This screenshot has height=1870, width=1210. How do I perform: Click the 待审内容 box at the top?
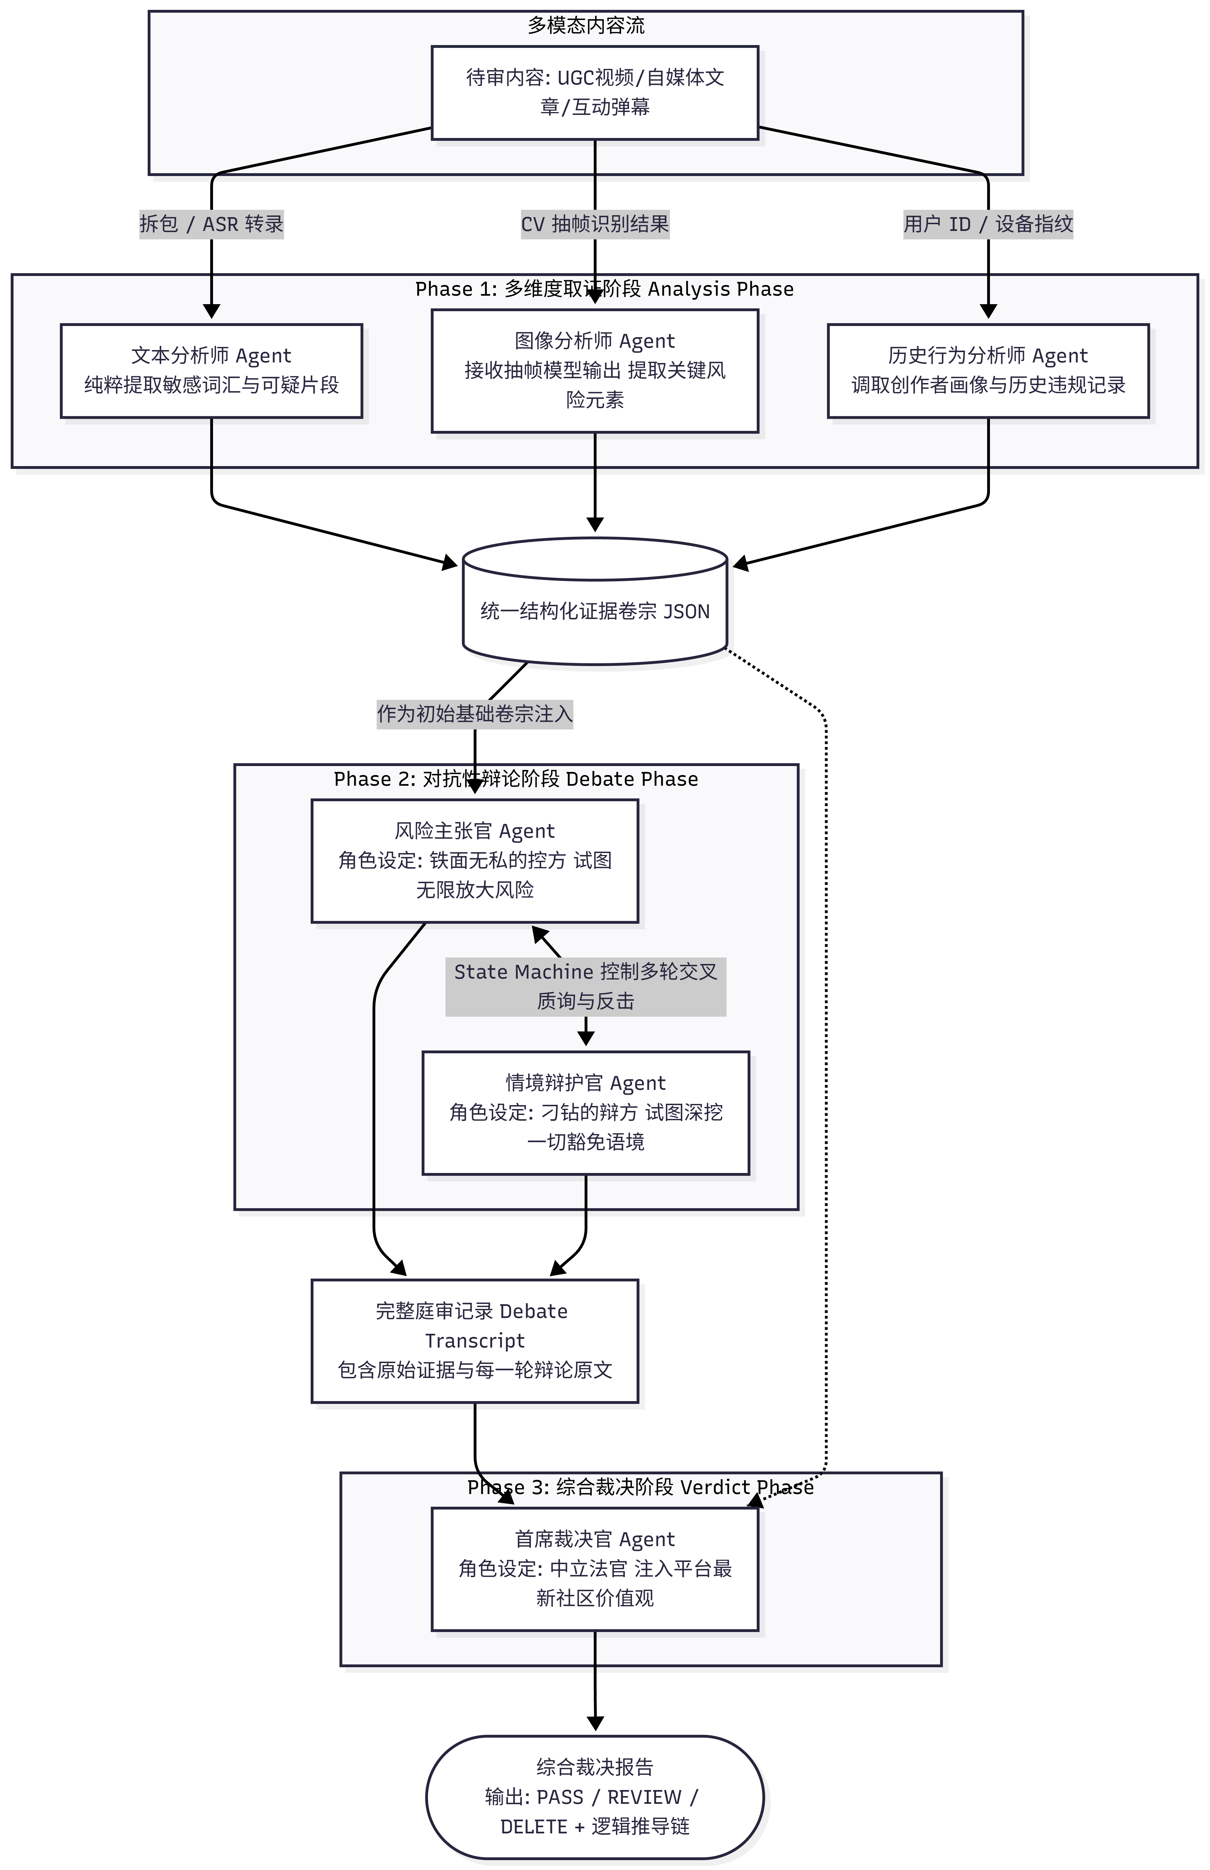click(594, 93)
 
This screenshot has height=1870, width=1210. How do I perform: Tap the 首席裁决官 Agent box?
click(594, 1569)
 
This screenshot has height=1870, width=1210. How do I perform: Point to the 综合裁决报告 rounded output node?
click(594, 1797)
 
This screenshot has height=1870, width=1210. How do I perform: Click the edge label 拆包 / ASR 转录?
click(211, 224)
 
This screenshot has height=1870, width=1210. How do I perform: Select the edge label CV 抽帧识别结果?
click(594, 224)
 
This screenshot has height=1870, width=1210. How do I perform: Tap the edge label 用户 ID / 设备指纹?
click(988, 224)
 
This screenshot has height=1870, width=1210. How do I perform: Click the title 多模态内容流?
click(586, 26)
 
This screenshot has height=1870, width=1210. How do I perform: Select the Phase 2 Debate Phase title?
click(516, 779)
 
